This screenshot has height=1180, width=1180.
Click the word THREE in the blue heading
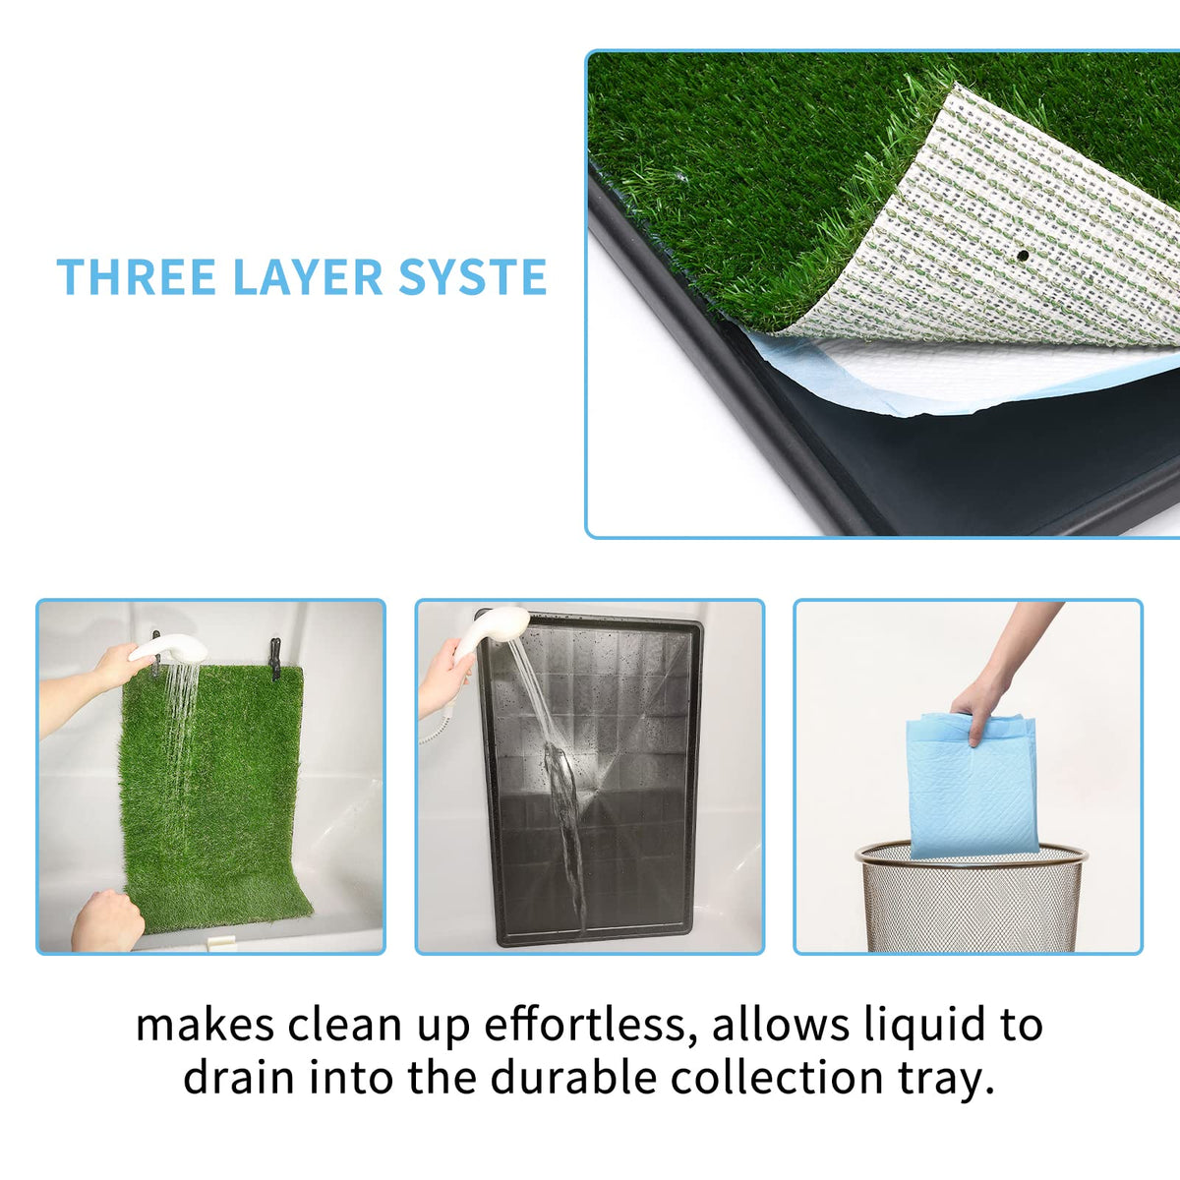point(136,276)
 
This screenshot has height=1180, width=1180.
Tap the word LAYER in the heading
point(308,276)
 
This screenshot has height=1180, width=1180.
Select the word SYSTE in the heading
point(472,276)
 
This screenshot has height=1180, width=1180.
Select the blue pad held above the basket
point(973,785)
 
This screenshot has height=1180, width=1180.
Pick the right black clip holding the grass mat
point(275,658)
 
